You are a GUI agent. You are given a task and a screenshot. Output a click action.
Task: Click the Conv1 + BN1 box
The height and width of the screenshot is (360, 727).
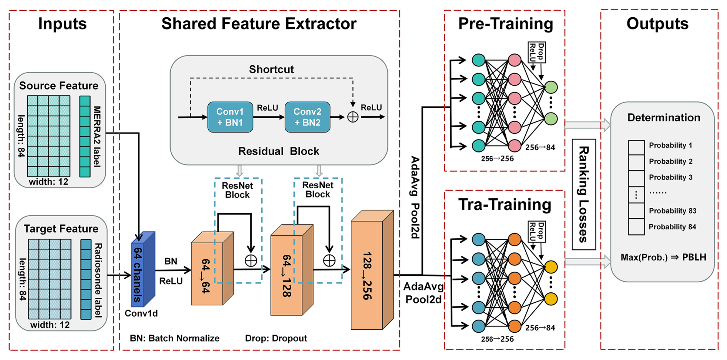[x=230, y=117]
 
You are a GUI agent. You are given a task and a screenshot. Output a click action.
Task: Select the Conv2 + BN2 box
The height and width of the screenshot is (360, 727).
[x=307, y=117]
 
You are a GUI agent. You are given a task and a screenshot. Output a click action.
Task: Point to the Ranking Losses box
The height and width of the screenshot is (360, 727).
[x=584, y=194]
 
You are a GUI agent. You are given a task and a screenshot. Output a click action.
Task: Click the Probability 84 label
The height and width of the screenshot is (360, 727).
[x=672, y=227]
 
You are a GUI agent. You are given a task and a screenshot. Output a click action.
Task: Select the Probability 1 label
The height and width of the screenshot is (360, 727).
[x=670, y=145]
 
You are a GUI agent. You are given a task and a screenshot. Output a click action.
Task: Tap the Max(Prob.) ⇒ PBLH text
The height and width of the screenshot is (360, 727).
[x=663, y=257]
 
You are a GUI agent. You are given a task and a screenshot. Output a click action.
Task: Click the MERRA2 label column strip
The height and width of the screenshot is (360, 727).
[x=85, y=136]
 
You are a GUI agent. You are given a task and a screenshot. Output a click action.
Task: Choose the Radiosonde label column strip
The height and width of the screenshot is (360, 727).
[x=86, y=279]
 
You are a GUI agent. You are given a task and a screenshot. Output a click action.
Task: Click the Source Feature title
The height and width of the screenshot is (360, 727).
[x=59, y=86]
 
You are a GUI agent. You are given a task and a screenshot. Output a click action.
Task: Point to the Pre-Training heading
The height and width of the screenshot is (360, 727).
[x=505, y=24]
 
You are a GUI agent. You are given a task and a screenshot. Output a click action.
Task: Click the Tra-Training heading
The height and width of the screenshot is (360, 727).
[x=505, y=204]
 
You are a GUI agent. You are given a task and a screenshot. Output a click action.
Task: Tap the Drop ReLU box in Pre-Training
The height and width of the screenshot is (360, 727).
[x=537, y=52]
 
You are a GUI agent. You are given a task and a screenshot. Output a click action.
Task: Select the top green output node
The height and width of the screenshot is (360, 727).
[x=551, y=87]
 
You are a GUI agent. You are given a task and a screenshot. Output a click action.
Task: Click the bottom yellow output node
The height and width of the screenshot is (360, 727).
[x=551, y=299]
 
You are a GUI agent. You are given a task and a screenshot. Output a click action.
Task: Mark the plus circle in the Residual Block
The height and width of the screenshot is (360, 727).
[x=353, y=117]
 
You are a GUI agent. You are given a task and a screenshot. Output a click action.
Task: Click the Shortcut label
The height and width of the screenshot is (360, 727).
[x=271, y=70]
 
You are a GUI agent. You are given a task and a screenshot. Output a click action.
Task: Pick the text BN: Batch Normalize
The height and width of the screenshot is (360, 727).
[x=175, y=338]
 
